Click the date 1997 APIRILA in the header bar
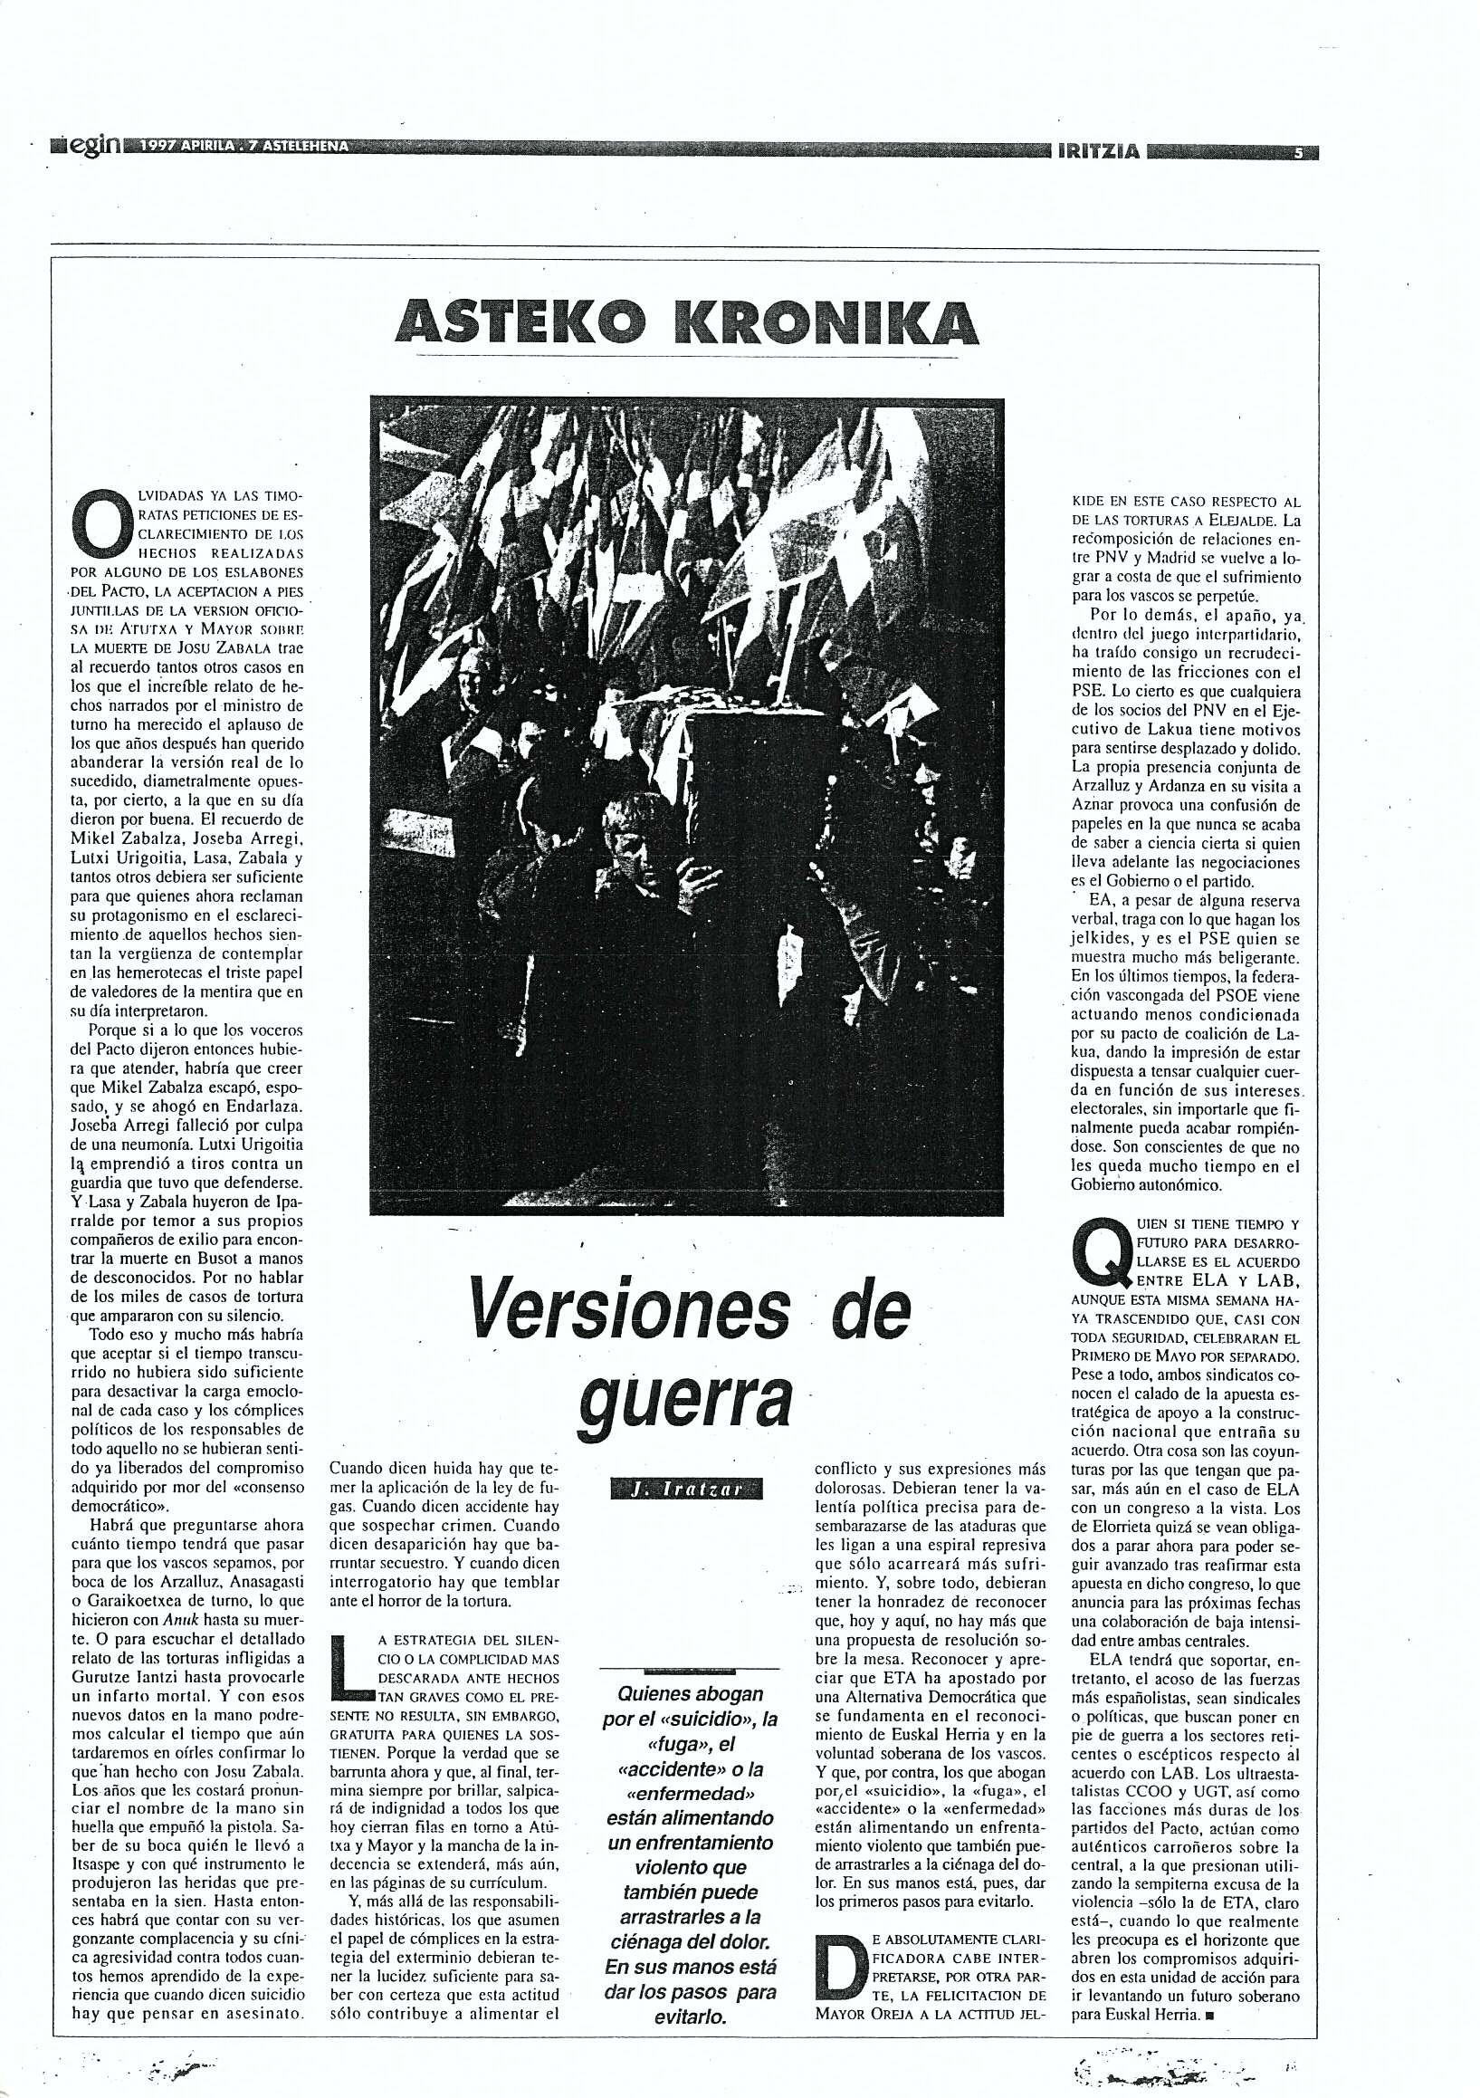(187, 148)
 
